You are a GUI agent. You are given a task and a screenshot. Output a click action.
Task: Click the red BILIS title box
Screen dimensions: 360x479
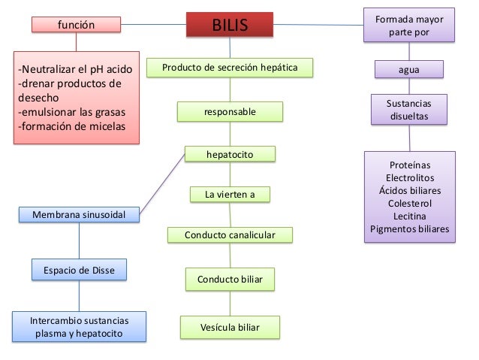coord(230,26)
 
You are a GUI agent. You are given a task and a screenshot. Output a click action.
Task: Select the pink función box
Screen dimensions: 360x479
coord(76,25)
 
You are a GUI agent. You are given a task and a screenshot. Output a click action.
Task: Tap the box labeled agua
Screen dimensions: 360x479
coord(409,71)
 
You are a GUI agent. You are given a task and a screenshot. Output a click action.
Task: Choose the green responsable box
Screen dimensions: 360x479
coord(230,112)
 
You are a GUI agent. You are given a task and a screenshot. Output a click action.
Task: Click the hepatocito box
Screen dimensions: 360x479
coord(230,155)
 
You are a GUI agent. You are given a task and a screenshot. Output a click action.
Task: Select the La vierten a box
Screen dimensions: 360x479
coord(230,195)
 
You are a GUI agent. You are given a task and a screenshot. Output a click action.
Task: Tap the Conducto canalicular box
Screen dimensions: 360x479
coord(230,235)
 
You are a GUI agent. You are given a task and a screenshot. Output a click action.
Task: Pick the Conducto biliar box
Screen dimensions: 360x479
coord(230,280)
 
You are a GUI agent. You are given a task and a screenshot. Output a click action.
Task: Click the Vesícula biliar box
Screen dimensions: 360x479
coord(230,328)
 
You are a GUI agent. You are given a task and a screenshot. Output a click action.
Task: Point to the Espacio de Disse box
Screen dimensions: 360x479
coord(79,270)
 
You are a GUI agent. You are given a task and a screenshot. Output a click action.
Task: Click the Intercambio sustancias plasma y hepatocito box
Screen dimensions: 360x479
coord(79,327)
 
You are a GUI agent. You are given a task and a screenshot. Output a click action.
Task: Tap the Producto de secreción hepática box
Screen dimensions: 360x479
coord(230,68)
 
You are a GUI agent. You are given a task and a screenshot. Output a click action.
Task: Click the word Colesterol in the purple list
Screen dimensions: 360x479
coord(410,203)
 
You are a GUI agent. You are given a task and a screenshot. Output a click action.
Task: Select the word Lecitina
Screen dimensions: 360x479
coord(410,216)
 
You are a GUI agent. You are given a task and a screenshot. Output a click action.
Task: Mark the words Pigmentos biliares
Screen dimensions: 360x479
coord(410,228)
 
